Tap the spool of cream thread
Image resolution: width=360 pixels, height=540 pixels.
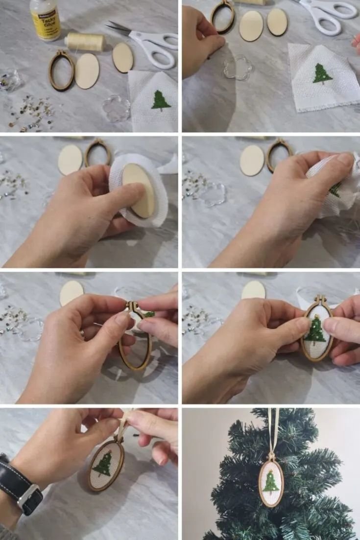[85, 42]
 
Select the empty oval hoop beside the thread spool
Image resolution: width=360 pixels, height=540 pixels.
[61, 70]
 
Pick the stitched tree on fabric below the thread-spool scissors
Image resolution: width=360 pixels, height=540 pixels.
[161, 100]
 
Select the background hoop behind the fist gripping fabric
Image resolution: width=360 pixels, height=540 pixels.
[280, 155]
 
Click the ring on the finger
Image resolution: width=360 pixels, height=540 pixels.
[83, 334]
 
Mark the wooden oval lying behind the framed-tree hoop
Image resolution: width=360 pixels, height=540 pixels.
[254, 289]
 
